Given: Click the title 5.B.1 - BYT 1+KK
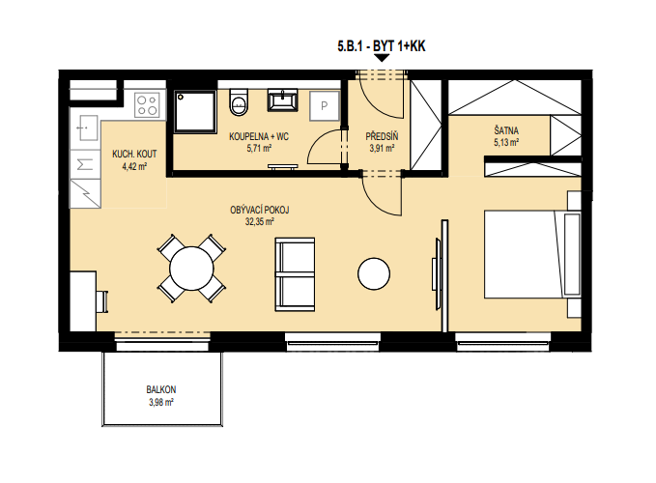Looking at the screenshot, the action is tap(381, 46).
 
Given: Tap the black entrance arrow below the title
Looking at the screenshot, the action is tap(381, 58).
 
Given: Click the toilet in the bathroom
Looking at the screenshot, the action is tap(239, 101).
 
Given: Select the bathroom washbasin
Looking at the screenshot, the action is tap(283, 99).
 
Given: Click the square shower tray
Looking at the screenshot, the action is tap(195, 112).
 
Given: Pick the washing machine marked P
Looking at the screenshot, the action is tap(325, 106).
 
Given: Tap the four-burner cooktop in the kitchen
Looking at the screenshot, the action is tap(147, 105).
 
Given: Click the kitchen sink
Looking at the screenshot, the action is tap(86, 128).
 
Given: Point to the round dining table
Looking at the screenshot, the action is tap(191, 269).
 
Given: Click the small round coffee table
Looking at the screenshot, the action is tap(374, 274).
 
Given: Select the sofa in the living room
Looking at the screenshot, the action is tap(295, 274).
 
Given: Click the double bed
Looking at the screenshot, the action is tap(532, 254).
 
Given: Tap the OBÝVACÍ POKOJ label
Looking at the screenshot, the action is tap(259, 210).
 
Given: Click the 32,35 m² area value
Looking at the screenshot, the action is tap(259, 221).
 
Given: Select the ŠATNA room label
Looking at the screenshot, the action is tap(506, 130).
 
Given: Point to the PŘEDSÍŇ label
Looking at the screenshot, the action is tap(382, 136).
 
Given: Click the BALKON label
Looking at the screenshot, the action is tap(161, 389).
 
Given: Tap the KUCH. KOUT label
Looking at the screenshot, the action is tap(134, 154).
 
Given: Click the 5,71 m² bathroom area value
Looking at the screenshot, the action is tap(259, 148).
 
